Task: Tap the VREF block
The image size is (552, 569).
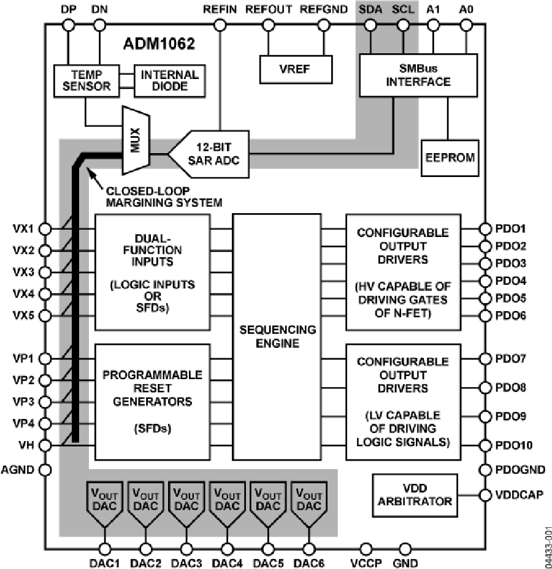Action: point(296,69)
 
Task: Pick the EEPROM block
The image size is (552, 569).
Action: point(450,157)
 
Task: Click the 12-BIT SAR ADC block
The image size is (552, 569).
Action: point(209,153)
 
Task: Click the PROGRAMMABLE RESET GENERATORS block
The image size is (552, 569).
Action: point(152,402)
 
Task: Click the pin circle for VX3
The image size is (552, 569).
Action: point(45,272)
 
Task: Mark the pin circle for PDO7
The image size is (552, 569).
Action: point(485,358)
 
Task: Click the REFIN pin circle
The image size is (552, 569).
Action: point(220,25)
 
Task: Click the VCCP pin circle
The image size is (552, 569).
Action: point(366,548)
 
